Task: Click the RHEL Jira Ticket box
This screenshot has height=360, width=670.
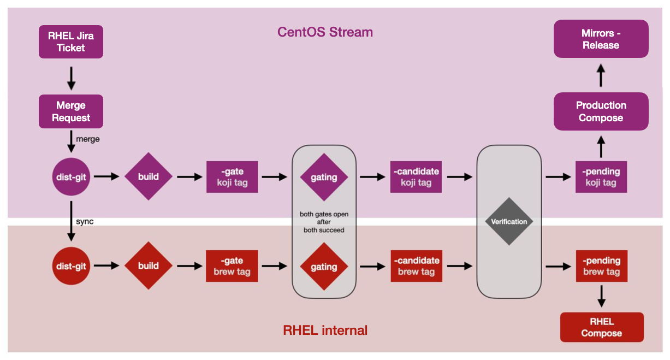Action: point(71,42)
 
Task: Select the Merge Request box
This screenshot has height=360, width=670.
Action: point(71,111)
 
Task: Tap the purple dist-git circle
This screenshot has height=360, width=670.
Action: point(71,176)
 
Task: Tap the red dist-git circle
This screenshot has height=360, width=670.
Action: point(71,266)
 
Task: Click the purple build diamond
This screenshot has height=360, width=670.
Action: point(149,176)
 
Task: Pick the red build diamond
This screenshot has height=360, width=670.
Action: point(149,266)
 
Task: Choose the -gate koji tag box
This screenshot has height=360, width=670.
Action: point(232,176)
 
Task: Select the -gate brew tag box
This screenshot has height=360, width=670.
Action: point(232,266)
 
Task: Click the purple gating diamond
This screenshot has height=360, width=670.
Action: point(324,177)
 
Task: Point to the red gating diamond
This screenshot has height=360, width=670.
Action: point(324,267)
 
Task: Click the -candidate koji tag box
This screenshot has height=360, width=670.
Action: point(416,176)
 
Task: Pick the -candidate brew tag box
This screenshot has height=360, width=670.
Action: point(416,266)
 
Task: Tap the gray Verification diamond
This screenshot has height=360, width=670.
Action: point(509,221)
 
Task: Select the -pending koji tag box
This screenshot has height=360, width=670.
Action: point(601,176)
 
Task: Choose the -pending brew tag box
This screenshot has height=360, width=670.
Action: point(601,266)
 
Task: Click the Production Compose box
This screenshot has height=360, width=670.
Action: point(601,111)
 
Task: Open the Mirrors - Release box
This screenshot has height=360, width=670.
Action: point(601,39)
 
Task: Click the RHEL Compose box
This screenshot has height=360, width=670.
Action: point(602,327)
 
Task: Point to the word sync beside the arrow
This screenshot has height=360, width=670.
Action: point(85,222)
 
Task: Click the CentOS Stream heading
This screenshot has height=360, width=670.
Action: point(325,32)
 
